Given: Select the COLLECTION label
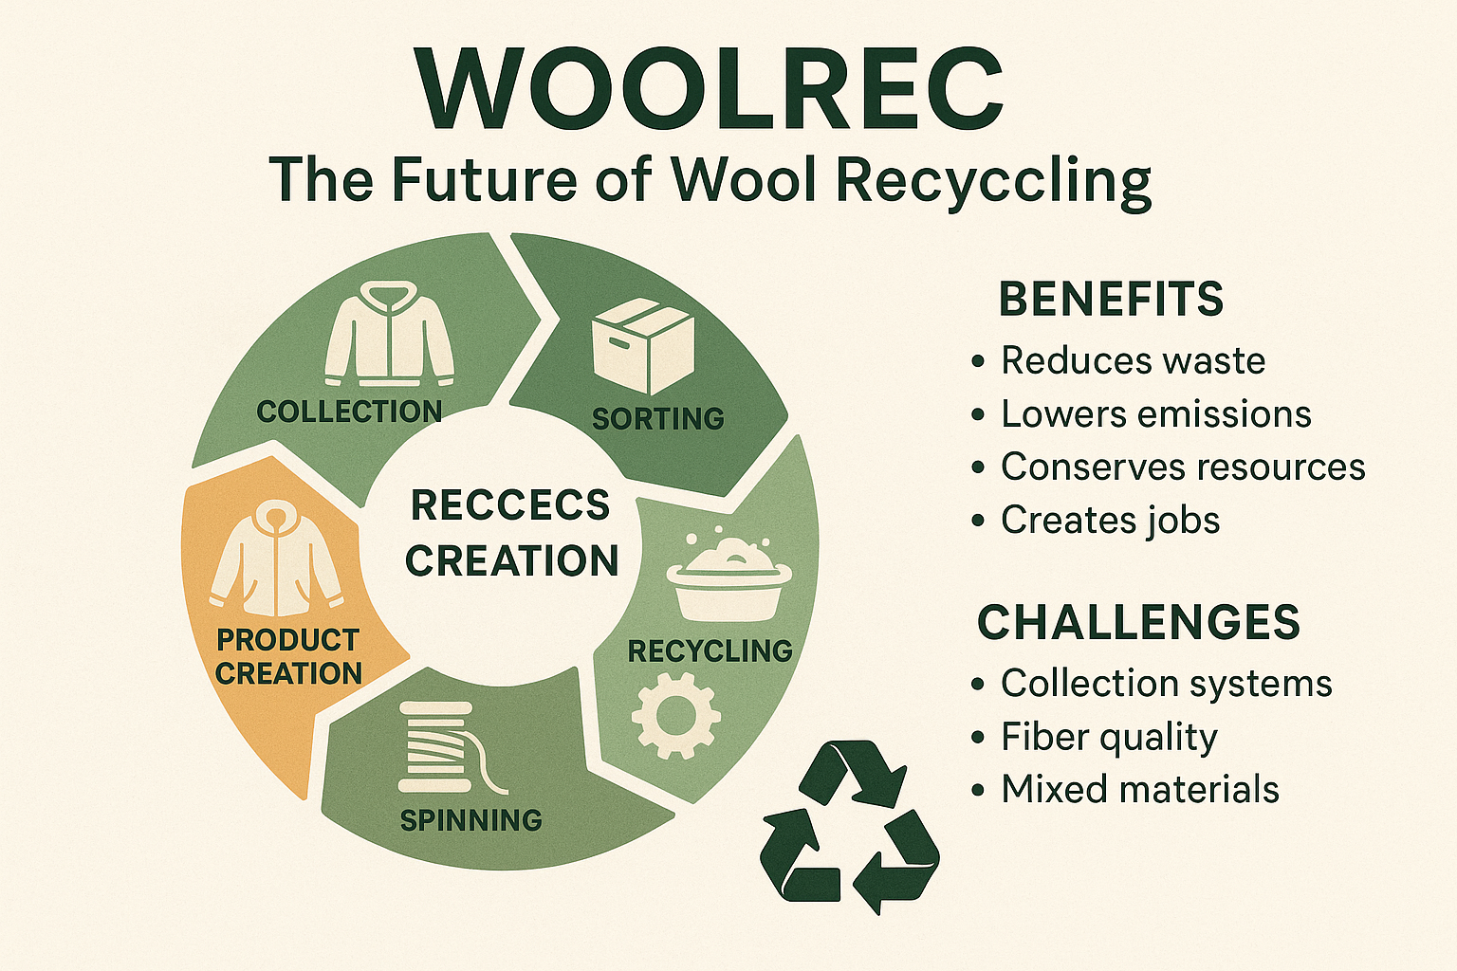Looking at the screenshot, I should pyautogui.click(x=349, y=412).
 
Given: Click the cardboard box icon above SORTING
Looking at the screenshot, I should pyautogui.click(x=643, y=346).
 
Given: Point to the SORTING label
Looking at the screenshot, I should pyautogui.click(x=657, y=418).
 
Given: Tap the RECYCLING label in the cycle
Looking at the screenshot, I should pyautogui.click(x=710, y=650).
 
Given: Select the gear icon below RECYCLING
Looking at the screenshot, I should pyautogui.click(x=675, y=715).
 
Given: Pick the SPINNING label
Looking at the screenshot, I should pyautogui.click(x=470, y=819).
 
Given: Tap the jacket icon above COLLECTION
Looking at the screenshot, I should pyautogui.click(x=389, y=336).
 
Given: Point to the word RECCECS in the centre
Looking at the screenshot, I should pyautogui.click(x=510, y=504).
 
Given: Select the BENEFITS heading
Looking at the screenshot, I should pyautogui.click(x=1111, y=299).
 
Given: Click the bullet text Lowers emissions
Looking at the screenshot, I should pyautogui.click(x=1155, y=414).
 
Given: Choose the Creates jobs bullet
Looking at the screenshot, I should pyautogui.click(x=1110, y=521).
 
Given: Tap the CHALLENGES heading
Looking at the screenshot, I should pyautogui.click(x=1138, y=622).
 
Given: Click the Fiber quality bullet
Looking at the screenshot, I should pyautogui.click(x=1109, y=737).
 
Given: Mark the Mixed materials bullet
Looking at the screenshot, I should pyautogui.click(x=1140, y=790).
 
